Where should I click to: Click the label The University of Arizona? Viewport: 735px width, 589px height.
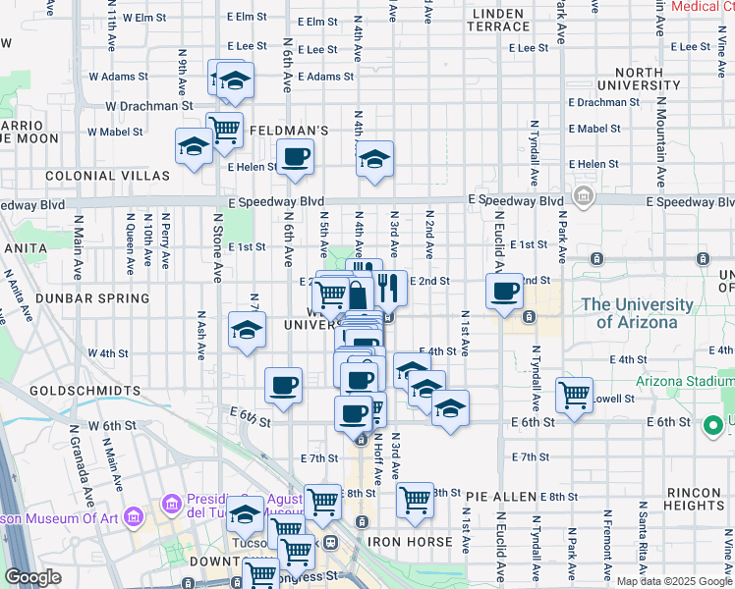point(643,313)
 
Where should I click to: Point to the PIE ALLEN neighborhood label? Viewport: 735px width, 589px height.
point(502,498)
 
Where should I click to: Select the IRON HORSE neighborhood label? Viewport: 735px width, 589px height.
point(410,541)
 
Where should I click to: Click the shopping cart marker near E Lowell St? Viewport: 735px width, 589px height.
point(574,396)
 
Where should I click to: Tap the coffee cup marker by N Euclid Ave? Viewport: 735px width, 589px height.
point(504,292)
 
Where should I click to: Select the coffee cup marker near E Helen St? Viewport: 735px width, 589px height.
point(294,157)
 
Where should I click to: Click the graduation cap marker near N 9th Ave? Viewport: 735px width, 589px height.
point(194,147)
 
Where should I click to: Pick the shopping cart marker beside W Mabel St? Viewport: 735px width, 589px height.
point(225,129)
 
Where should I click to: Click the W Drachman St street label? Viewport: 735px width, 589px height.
point(148,105)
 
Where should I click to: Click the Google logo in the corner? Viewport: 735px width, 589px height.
point(33,577)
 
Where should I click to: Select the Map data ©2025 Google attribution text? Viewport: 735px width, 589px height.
point(673,581)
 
